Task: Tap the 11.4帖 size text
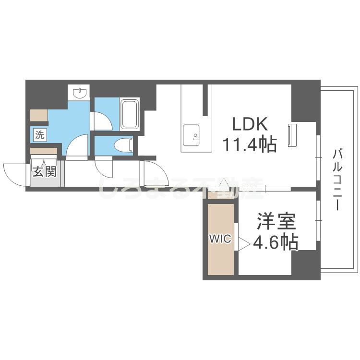[x=249, y=144]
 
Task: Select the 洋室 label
[x=276, y=222]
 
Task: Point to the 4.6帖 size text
[x=276, y=243]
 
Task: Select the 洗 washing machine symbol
[x=40, y=135]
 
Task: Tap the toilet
[x=124, y=144]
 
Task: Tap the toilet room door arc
[x=104, y=168]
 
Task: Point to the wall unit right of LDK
[x=292, y=135]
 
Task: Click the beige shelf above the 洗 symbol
[x=39, y=115]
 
